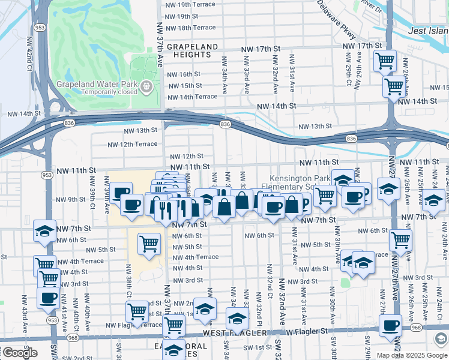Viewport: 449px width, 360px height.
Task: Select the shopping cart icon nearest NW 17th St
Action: tap(385, 60)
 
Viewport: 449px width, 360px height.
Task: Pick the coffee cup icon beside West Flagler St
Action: tap(390, 325)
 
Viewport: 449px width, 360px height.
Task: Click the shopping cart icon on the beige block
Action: tap(149, 243)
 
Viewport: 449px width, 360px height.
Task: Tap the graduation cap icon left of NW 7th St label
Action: tap(44, 230)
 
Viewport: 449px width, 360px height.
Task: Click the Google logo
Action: tap(19, 353)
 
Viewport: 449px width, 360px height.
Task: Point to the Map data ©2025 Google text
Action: tap(412, 355)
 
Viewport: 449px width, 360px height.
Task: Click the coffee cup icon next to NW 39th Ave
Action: tap(121, 192)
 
